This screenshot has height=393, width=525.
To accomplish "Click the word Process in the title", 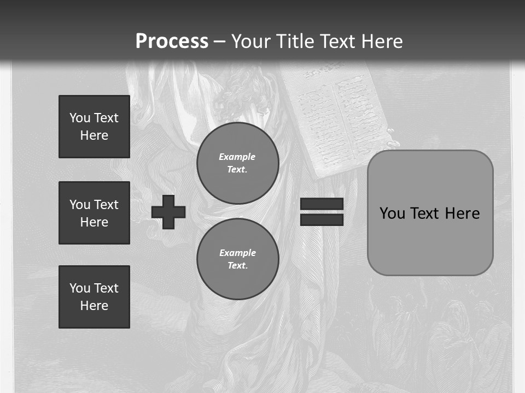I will pyautogui.click(x=172, y=41).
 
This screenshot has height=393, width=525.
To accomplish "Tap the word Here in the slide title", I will pyautogui.click(x=378, y=41).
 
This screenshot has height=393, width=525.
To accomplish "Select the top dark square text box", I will pyautogui.click(x=94, y=127).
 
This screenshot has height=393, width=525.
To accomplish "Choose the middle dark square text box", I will pyautogui.click(x=94, y=213).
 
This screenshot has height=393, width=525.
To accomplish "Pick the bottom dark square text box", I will pyautogui.click(x=94, y=297).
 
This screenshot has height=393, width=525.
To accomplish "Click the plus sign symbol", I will pyautogui.click(x=168, y=212).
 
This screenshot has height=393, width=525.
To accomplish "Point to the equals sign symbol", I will pyautogui.click(x=322, y=212).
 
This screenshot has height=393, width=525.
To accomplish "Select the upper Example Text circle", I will pyautogui.click(x=237, y=163).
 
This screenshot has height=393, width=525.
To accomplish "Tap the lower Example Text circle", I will pyautogui.click(x=237, y=259).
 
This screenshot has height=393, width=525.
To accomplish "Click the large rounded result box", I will pyautogui.click(x=430, y=213).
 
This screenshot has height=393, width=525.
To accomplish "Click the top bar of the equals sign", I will pyautogui.click(x=322, y=204).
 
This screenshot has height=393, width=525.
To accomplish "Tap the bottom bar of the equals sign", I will pyautogui.click(x=322, y=219).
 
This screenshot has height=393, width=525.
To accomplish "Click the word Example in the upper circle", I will pyautogui.click(x=237, y=157).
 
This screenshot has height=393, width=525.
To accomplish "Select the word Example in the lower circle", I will pyautogui.click(x=237, y=253).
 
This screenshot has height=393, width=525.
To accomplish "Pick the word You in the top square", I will pyautogui.click(x=80, y=118).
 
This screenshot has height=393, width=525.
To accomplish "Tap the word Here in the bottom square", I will pyautogui.click(x=94, y=306).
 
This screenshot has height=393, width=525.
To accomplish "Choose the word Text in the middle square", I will pyautogui.click(x=106, y=205).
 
